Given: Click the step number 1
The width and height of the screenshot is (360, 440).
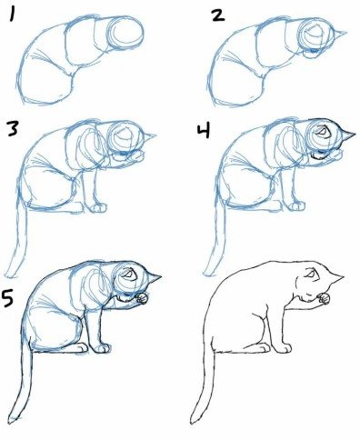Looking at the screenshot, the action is click(12, 15).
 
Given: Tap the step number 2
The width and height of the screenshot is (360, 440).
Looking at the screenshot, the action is click(218, 15).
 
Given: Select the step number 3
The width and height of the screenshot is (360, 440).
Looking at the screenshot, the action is click(13, 129).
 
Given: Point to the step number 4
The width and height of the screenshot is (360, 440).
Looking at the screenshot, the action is click(204, 131).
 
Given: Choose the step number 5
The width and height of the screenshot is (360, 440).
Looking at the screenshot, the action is click(7, 297).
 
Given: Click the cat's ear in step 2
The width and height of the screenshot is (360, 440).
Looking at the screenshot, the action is click(339, 34).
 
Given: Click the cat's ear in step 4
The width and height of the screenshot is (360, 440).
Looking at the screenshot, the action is click(348, 135).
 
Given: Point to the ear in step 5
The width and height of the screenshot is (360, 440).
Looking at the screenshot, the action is click(154, 277).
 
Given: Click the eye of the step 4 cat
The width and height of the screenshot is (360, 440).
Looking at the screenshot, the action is click(321, 132).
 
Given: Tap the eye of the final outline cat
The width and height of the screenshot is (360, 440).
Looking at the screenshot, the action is click(310, 275).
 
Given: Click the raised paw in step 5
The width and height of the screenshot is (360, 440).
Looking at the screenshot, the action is click(142, 298).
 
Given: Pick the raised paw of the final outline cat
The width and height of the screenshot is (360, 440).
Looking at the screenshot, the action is click(324, 298).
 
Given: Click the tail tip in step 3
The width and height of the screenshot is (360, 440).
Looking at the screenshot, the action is click(8, 275).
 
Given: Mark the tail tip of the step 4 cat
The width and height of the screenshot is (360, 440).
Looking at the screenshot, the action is click(206, 273).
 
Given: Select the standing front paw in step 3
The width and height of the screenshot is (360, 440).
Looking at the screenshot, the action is click(99, 207).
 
